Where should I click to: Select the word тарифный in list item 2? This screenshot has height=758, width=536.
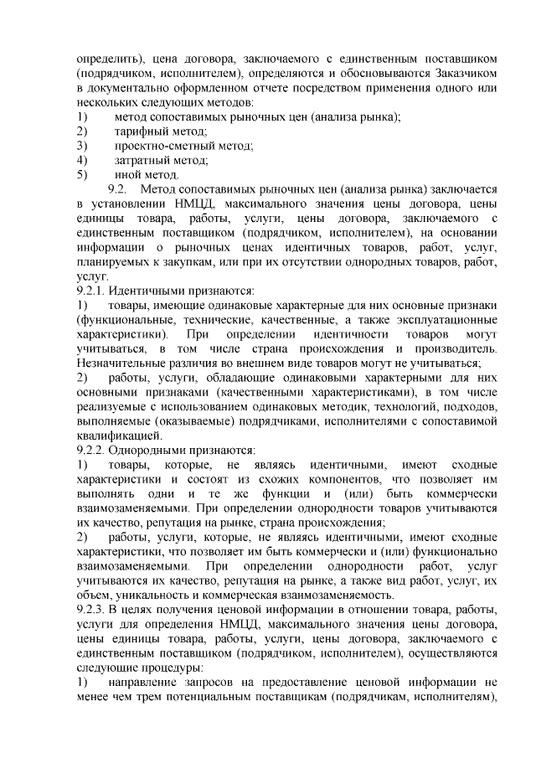138,131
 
